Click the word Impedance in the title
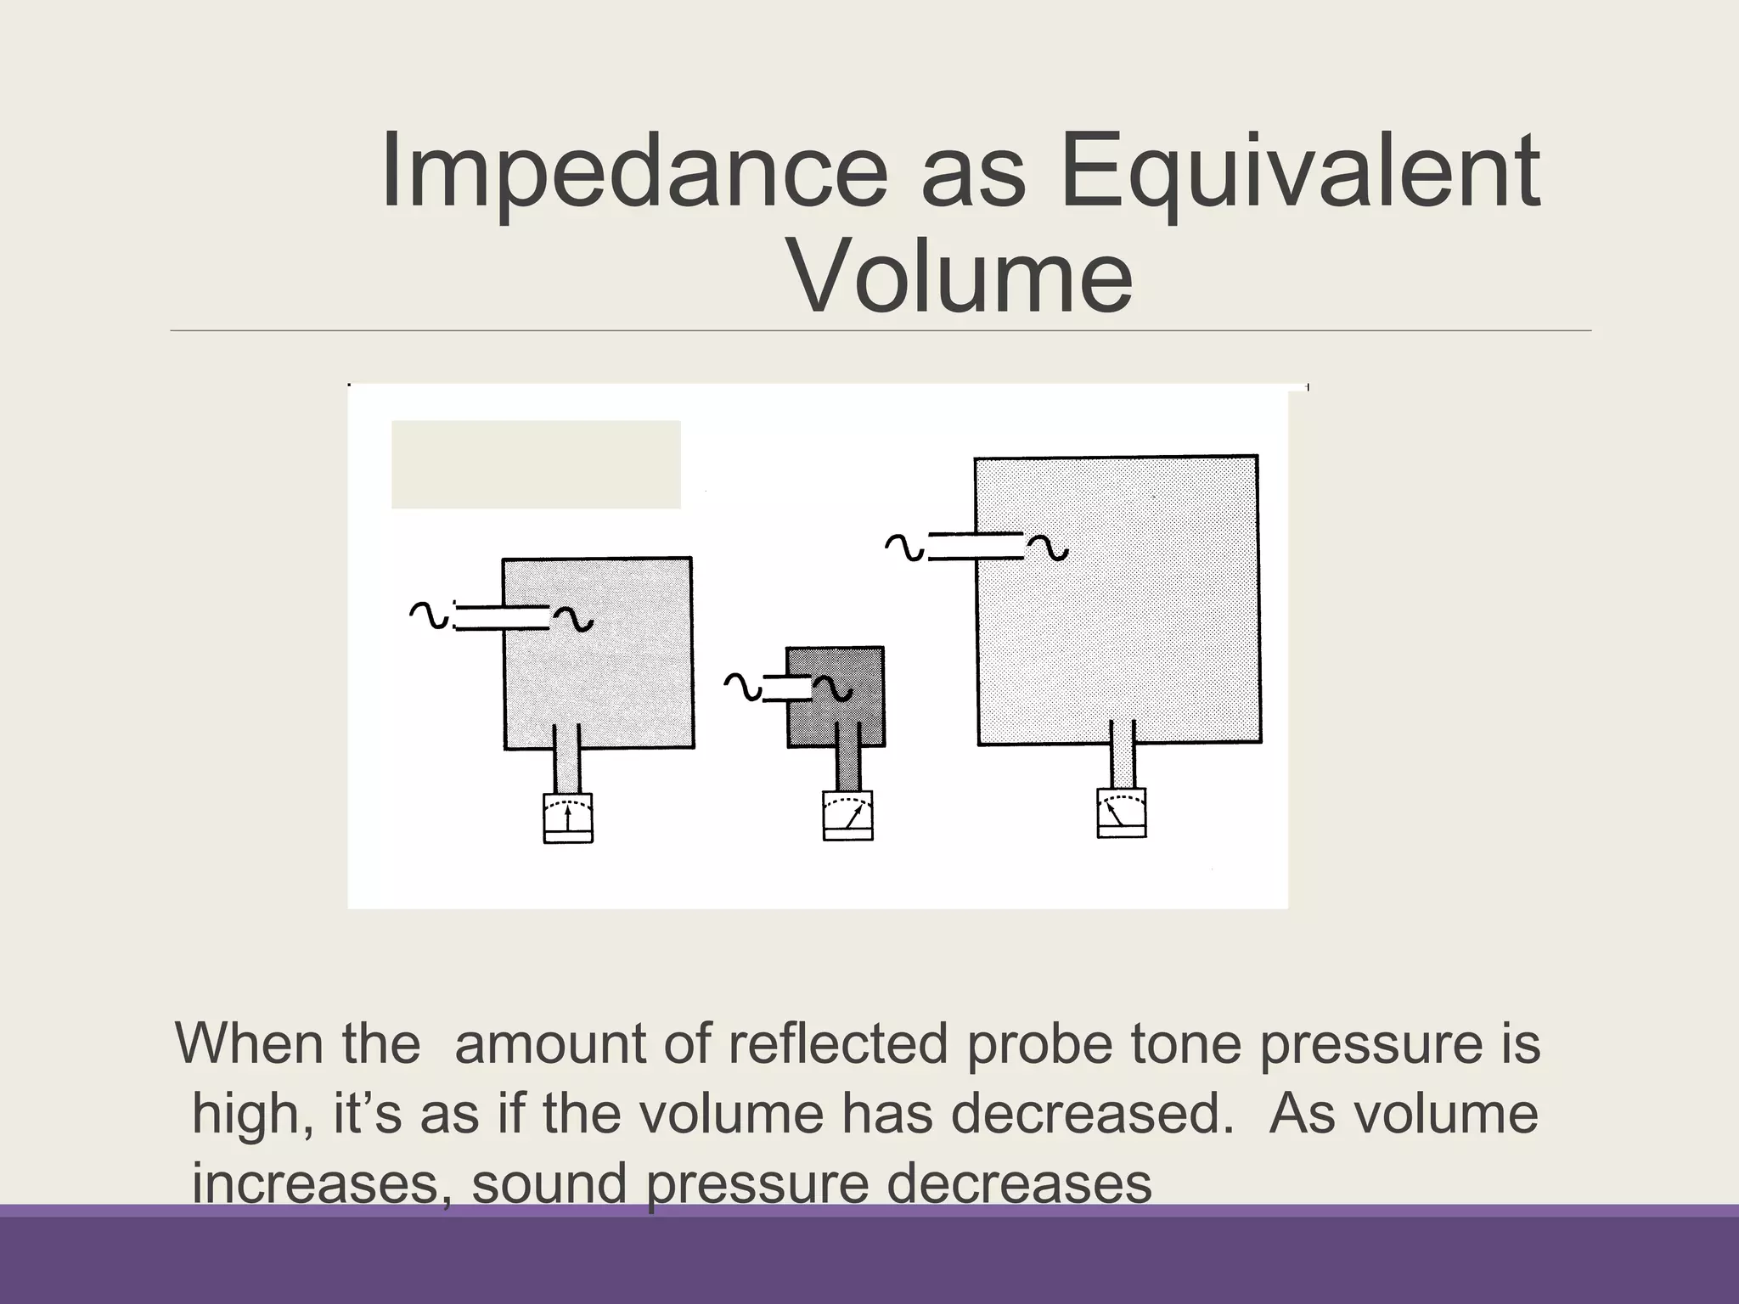click(633, 172)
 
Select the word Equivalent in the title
click(1298, 172)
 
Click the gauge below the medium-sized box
click(567, 818)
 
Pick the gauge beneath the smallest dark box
click(847, 816)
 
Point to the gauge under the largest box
click(1121, 813)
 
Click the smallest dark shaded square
click(836, 697)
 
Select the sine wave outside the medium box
click(429, 615)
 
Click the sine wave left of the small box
click(743, 687)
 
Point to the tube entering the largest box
click(976, 546)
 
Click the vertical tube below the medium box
click(566, 758)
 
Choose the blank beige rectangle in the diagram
click(535, 464)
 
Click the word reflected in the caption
click(836, 1043)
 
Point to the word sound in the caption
click(549, 1183)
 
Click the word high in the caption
click(245, 1115)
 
